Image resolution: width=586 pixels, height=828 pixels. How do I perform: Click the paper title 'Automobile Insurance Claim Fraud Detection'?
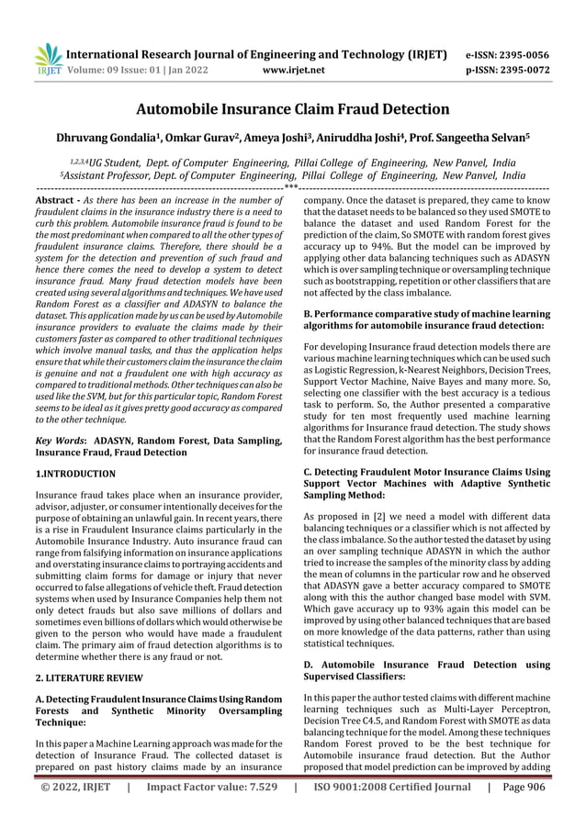click(293, 109)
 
